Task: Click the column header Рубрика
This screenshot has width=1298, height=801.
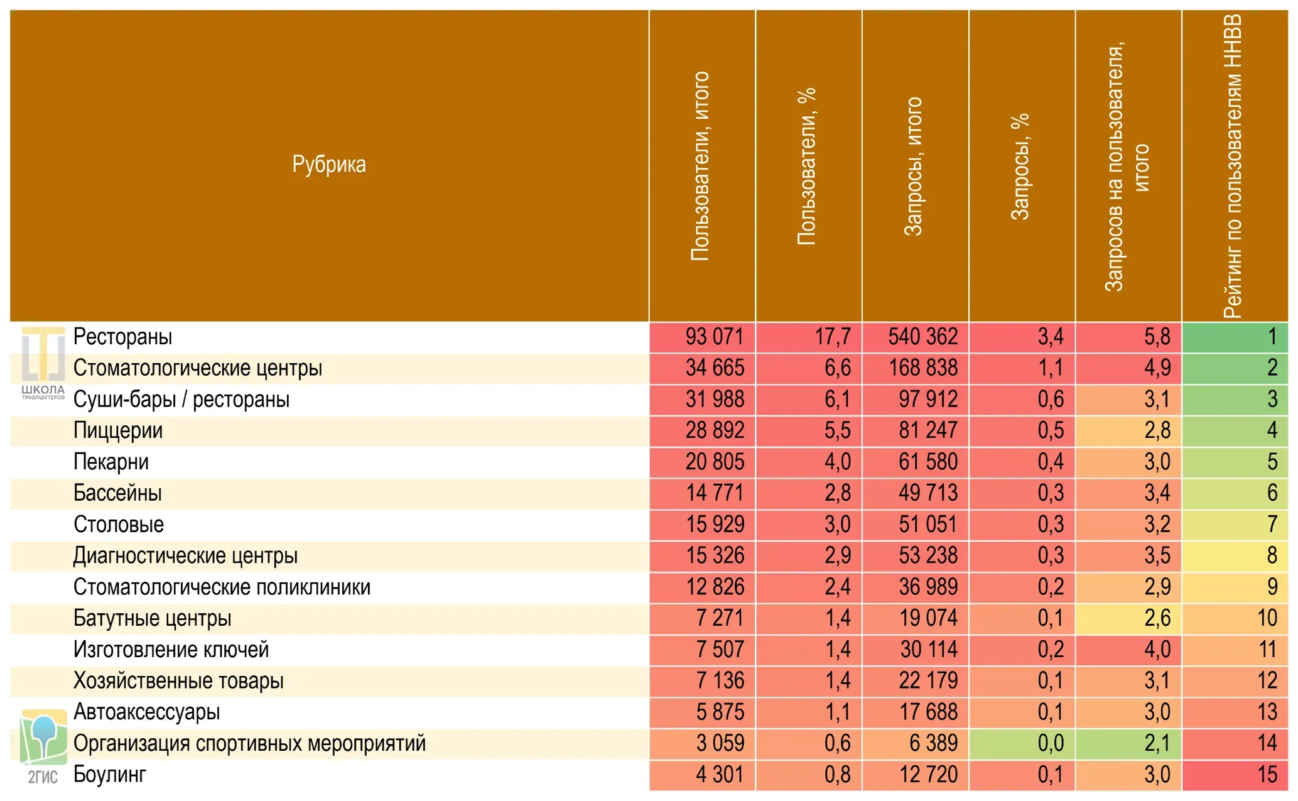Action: (x=329, y=164)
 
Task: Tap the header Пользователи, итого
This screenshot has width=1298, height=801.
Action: (x=700, y=166)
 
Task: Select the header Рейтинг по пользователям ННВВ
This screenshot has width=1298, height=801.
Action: (x=1233, y=166)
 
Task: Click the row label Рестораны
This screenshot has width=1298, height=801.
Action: (x=122, y=337)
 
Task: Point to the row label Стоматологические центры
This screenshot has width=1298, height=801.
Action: (x=198, y=368)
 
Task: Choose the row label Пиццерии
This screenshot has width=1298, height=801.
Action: (x=118, y=431)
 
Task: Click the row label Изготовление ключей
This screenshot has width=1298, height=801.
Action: (x=171, y=650)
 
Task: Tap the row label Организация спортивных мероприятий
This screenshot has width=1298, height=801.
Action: (x=249, y=744)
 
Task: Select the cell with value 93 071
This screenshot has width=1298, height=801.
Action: (x=703, y=337)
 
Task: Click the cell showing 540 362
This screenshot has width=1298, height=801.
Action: (x=916, y=337)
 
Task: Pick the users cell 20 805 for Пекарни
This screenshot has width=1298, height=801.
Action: (x=703, y=462)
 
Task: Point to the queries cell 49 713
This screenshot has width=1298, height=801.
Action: (x=916, y=494)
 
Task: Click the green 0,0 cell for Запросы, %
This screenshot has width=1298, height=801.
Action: (x=1022, y=744)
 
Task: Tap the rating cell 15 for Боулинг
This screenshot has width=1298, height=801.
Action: (x=1235, y=775)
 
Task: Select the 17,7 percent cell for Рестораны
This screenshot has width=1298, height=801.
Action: (x=809, y=337)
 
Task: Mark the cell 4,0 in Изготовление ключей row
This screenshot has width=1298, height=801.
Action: (x=1128, y=650)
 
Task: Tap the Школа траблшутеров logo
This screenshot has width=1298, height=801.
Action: (x=43, y=363)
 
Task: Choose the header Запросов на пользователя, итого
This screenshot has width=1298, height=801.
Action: (x=1126, y=166)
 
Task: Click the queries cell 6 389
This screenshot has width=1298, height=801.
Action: (x=916, y=744)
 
